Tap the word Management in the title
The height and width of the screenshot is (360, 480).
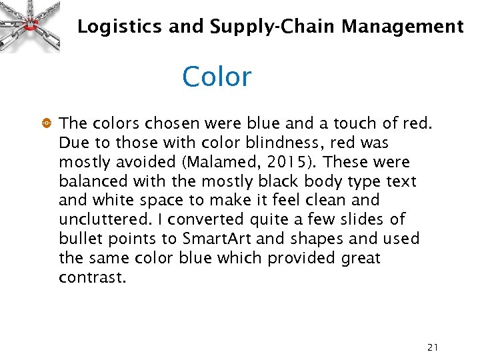402,27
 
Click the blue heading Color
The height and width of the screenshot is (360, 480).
216,77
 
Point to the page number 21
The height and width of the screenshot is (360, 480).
433,347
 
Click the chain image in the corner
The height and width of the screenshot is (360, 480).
30,25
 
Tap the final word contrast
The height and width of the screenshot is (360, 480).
91,277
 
